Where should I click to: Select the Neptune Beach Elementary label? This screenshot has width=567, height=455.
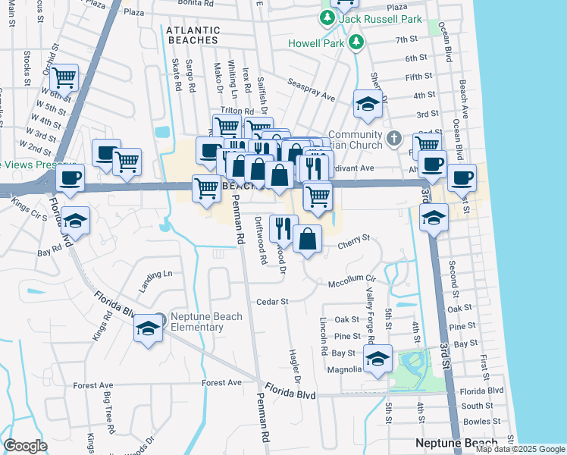tap(197, 322)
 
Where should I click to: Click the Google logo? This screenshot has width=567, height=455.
tap(25, 445)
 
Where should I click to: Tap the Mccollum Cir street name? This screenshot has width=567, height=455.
tap(351, 279)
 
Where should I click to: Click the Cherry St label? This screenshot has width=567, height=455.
tap(353, 238)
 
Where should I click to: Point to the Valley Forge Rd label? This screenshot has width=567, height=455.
tap(370, 297)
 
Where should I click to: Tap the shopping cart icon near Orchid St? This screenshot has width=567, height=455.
tap(64, 77)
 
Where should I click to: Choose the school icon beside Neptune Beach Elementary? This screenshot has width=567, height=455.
tap(149, 329)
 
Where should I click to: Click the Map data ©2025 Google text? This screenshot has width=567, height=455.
tap(519, 449)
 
